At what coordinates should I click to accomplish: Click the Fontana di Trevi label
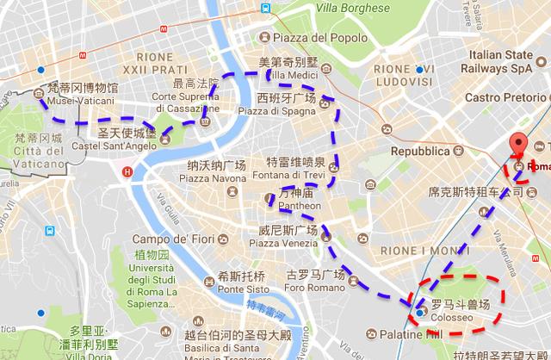(x=294, y=177)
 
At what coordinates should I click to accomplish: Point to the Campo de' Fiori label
(x=173, y=239)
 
